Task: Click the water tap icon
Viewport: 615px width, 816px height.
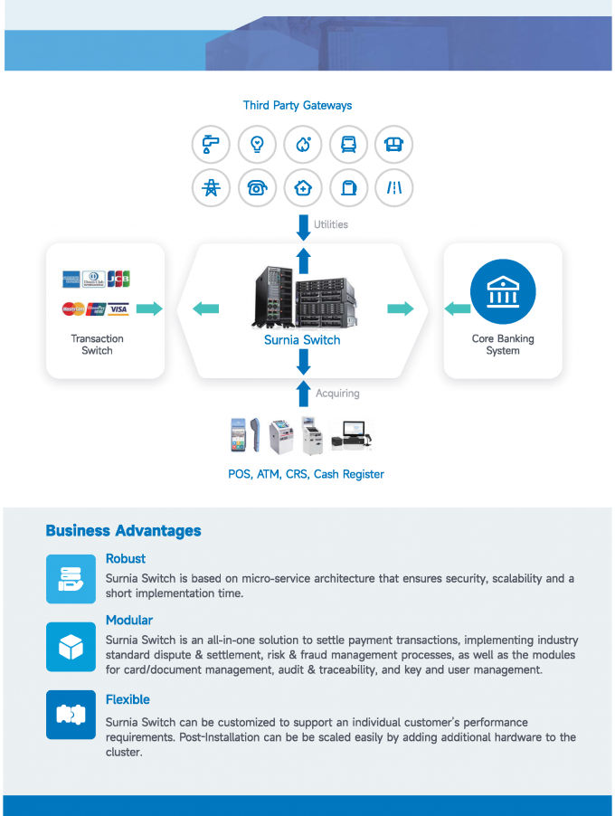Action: point(212,144)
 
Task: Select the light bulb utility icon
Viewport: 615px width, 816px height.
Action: point(257,144)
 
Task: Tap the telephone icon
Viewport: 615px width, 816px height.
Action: point(257,188)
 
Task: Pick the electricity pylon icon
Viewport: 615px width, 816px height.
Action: point(212,188)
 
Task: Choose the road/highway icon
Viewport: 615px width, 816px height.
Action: point(394,188)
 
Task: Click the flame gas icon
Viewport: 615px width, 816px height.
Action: point(303,144)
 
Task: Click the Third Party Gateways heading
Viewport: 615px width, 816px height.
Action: point(298,106)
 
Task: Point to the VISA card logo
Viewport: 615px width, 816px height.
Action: point(118,309)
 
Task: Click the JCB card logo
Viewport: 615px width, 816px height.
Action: point(119,279)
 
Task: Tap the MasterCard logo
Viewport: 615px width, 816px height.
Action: point(73,309)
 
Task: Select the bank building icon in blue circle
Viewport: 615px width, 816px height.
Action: point(503,292)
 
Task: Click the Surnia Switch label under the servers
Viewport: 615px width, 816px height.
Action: point(302,340)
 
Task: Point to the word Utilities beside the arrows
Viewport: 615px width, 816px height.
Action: point(331,224)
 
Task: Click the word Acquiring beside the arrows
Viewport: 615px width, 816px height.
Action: point(337,394)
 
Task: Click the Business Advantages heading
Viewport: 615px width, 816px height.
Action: point(123,531)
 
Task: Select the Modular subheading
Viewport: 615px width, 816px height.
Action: point(129,621)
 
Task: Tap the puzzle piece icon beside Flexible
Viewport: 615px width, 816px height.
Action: point(71,715)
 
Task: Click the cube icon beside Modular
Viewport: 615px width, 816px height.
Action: point(71,647)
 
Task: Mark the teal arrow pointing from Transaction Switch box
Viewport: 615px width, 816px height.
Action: point(150,309)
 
